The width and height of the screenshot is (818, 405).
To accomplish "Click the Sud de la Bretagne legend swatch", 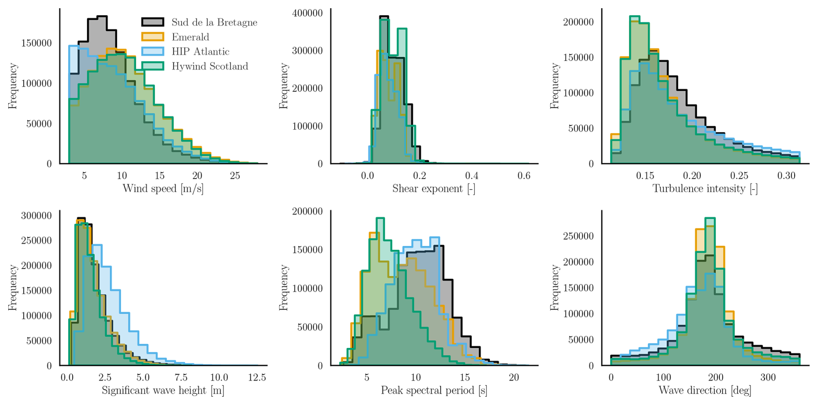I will click(x=153, y=22).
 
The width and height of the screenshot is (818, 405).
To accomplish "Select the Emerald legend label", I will click(x=190, y=37).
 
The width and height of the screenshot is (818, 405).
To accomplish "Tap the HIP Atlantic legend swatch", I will click(x=153, y=51).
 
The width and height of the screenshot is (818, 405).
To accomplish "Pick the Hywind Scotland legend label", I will click(x=210, y=66).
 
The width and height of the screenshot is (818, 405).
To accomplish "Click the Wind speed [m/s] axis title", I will click(x=163, y=188).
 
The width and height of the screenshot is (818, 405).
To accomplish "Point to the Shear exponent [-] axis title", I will click(x=434, y=188).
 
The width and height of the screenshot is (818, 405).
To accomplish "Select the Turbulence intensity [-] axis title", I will click(x=705, y=188).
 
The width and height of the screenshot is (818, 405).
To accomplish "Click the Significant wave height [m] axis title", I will click(x=163, y=390).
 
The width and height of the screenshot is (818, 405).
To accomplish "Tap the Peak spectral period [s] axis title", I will click(x=434, y=390).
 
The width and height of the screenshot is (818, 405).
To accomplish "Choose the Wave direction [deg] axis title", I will click(x=705, y=390).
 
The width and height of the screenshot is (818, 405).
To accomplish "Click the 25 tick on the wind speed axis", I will click(x=235, y=175).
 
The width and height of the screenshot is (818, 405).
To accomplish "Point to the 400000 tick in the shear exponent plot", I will click(x=307, y=13).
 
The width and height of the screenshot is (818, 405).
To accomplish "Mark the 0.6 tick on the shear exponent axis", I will click(x=524, y=175).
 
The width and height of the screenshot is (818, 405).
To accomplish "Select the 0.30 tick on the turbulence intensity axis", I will click(x=786, y=175).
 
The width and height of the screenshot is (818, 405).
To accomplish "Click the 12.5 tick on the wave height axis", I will click(x=257, y=377).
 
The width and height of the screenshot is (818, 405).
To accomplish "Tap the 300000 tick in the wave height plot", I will click(x=36, y=215).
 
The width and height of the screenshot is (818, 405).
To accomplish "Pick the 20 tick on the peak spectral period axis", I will click(x=514, y=377).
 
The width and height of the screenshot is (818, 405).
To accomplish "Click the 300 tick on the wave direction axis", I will click(x=768, y=377).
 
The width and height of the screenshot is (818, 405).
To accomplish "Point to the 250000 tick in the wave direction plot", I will click(x=578, y=236).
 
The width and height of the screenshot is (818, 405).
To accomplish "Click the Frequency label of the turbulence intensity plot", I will click(x=554, y=86).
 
